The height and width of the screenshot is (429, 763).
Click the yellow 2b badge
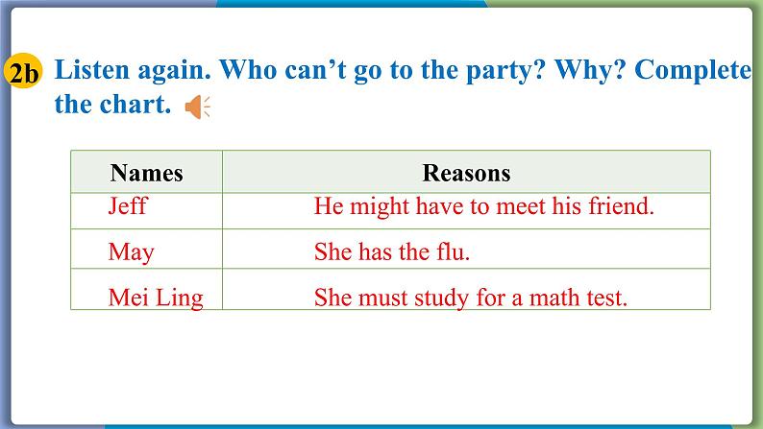click(23, 72)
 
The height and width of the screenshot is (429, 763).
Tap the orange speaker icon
click(198, 107)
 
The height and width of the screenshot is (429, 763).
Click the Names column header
click(146, 173)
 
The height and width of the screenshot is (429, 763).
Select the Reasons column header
click(466, 173)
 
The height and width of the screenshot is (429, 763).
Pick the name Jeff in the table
click(127, 206)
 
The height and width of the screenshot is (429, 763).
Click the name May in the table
click(131, 252)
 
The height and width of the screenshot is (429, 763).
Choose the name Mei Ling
click(156, 298)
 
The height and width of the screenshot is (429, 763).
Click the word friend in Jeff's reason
click(621, 206)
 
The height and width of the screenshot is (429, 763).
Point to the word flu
click(453, 251)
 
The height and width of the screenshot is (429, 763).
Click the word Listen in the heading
click(92, 69)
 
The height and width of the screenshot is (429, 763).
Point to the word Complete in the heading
click(693, 71)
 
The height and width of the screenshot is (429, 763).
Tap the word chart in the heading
click(135, 105)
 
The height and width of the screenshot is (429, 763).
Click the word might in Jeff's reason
click(379, 207)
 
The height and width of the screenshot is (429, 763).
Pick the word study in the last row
click(441, 298)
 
